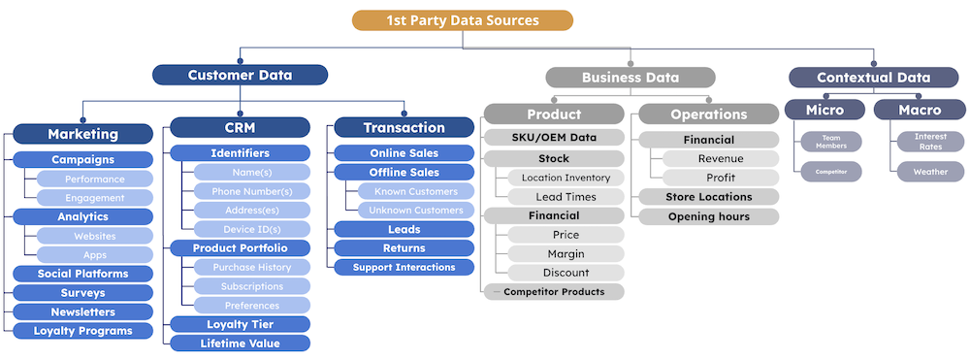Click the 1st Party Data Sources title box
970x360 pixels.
pos(463,20)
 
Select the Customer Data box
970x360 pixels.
pos(241,75)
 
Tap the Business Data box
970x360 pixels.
pos(630,78)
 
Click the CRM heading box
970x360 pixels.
pos(241,127)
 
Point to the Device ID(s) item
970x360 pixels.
pos(252,229)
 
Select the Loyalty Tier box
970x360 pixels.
pos(241,324)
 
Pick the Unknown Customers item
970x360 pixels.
pos(411,211)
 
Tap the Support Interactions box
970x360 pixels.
pos(404,267)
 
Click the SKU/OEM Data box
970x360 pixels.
pos(554,138)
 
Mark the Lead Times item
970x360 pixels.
pos(566,197)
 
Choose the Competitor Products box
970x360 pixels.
pos(554,291)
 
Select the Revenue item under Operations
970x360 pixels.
pos(721,159)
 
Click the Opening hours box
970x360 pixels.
pos(708,216)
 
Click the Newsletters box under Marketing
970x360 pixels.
pos(83,311)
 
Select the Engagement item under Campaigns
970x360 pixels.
pos(94,198)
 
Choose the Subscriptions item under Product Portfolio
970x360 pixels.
pos(252,286)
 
